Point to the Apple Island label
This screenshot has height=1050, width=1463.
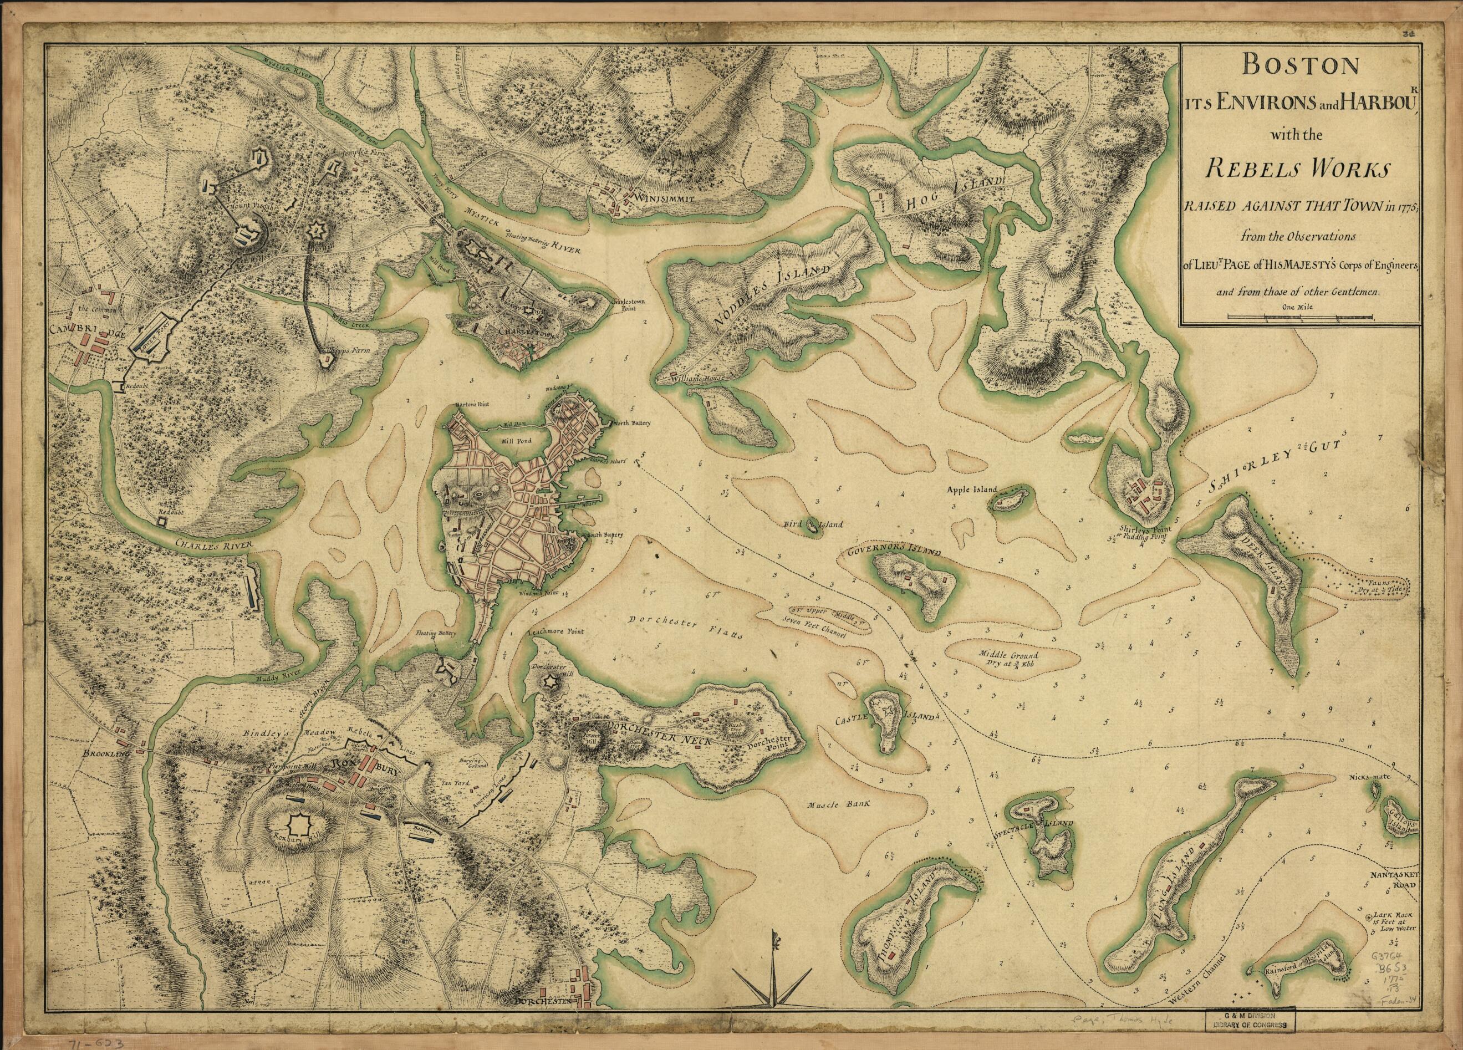click(971, 489)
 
